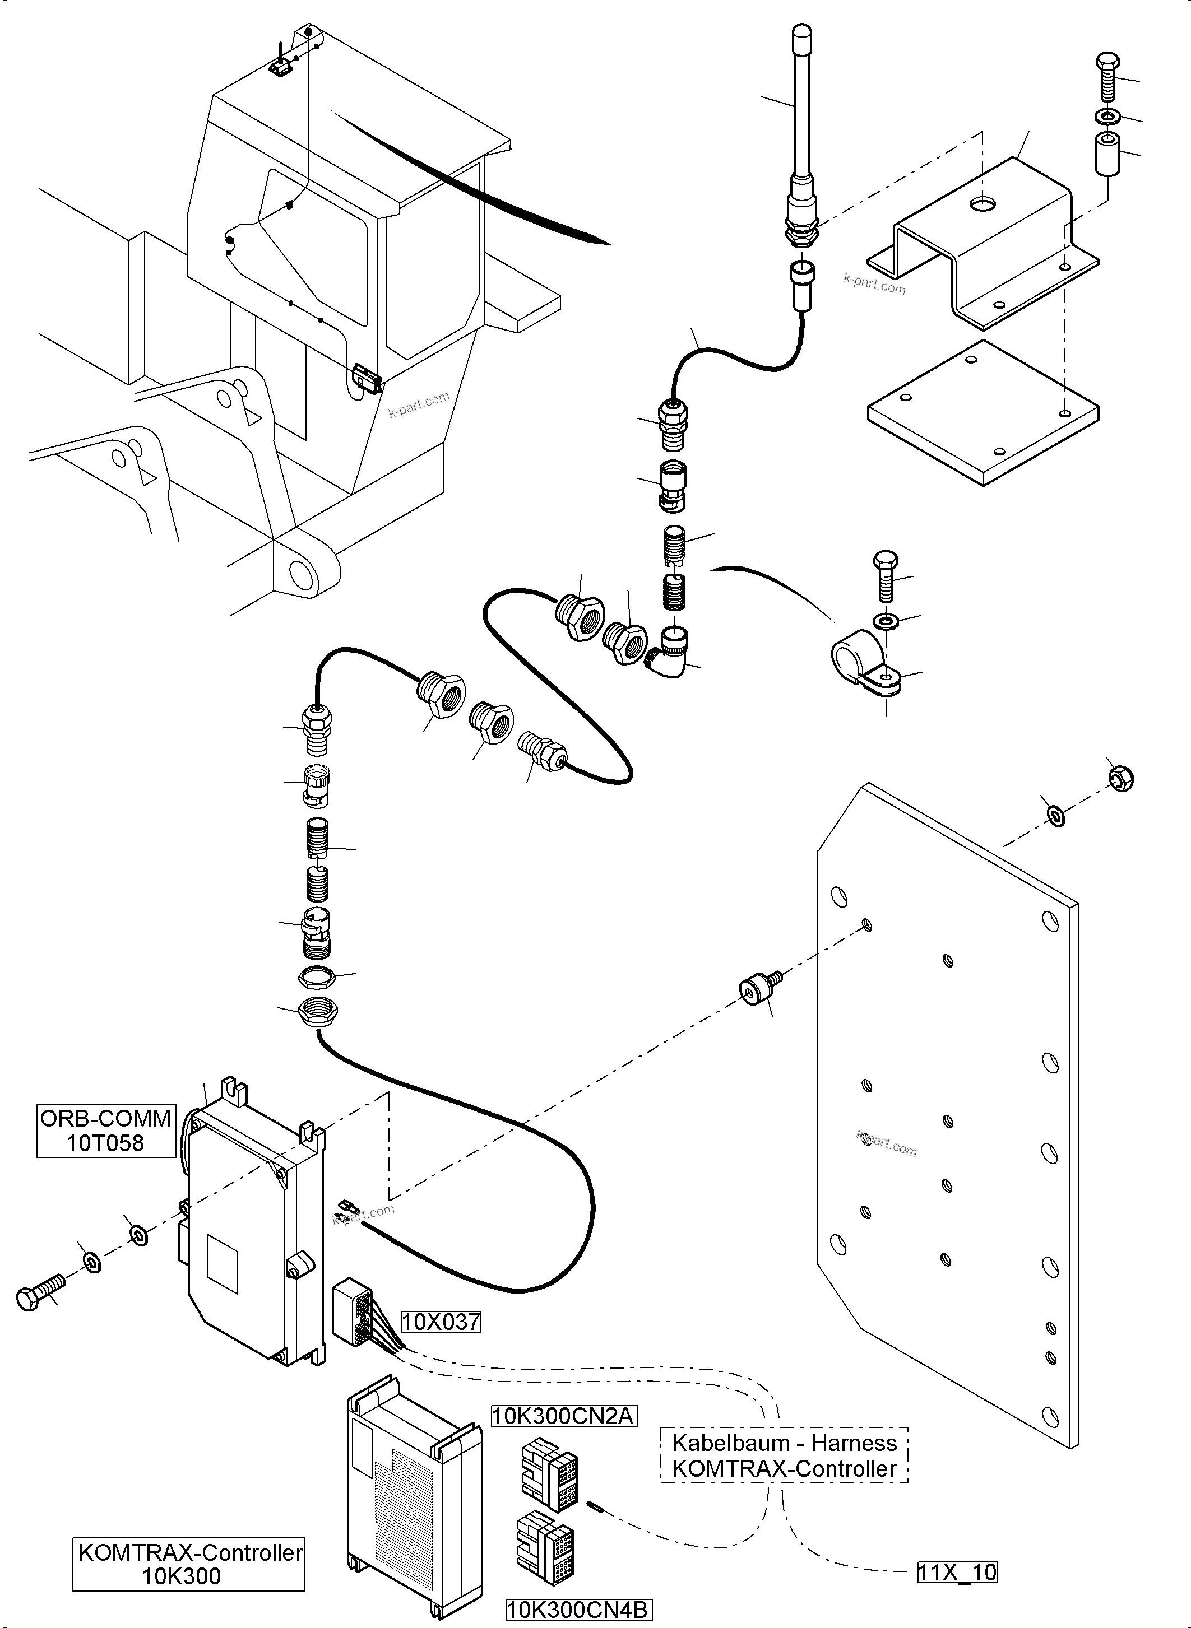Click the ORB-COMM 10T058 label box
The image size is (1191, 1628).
click(x=106, y=1130)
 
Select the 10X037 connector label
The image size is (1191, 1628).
click(x=441, y=1322)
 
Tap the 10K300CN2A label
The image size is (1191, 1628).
click(x=563, y=1416)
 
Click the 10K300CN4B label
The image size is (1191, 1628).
click(x=578, y=1610)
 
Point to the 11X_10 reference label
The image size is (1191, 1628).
click(x=957, y=1572)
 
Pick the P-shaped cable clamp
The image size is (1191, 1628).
click(x=861, y=663)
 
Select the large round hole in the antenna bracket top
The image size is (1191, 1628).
click(x=981, y=204)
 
